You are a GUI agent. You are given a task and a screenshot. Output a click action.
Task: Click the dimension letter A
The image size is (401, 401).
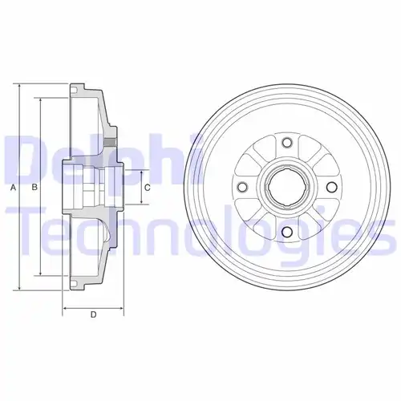(13, 188)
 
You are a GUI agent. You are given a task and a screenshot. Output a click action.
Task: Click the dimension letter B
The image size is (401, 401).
(34, 187)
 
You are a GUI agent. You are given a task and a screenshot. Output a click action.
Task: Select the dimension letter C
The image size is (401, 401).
(148, 188)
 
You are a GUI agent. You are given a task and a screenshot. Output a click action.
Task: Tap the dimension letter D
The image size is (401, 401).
(93, 314)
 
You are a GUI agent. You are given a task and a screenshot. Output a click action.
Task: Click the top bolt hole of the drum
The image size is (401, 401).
(287, 142)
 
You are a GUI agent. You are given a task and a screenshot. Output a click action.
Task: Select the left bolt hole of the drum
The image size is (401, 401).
(242, 187)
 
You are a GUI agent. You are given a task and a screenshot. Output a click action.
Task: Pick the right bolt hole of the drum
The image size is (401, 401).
(331, 187)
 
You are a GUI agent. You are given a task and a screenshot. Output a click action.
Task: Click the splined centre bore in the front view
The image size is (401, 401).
(287, 187)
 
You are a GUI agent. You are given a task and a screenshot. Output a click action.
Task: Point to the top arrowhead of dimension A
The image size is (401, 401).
(19, 87)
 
